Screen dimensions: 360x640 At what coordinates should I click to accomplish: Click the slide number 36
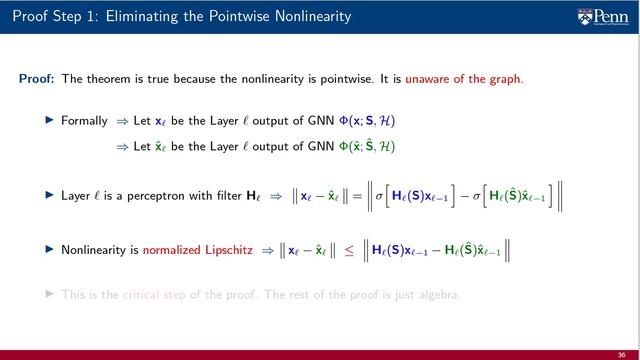pyautogui.click(x=621, y=341)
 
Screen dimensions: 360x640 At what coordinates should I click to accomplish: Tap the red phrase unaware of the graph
pyautogui.click(x=475, y=79)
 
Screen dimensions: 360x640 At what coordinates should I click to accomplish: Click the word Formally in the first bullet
pyautogui.click(x=84, y=121)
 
